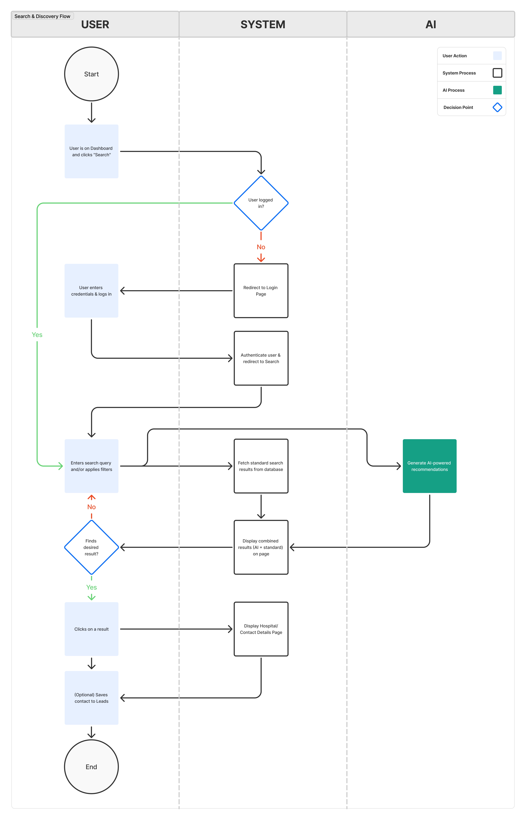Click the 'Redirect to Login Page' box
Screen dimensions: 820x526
coord(261,291)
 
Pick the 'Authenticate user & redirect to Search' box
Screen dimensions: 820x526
coord(261,358)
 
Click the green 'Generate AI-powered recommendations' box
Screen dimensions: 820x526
coord(429,466)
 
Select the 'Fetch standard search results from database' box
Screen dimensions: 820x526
coord(261,466)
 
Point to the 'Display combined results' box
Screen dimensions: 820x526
coord(261,547)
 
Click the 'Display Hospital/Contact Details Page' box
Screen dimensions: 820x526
coord(261,629)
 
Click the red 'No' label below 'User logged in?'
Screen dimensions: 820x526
coord(261,247)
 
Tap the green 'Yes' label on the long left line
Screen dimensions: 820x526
coord(37,335)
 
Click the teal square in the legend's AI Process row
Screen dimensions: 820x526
coord(497,90)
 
